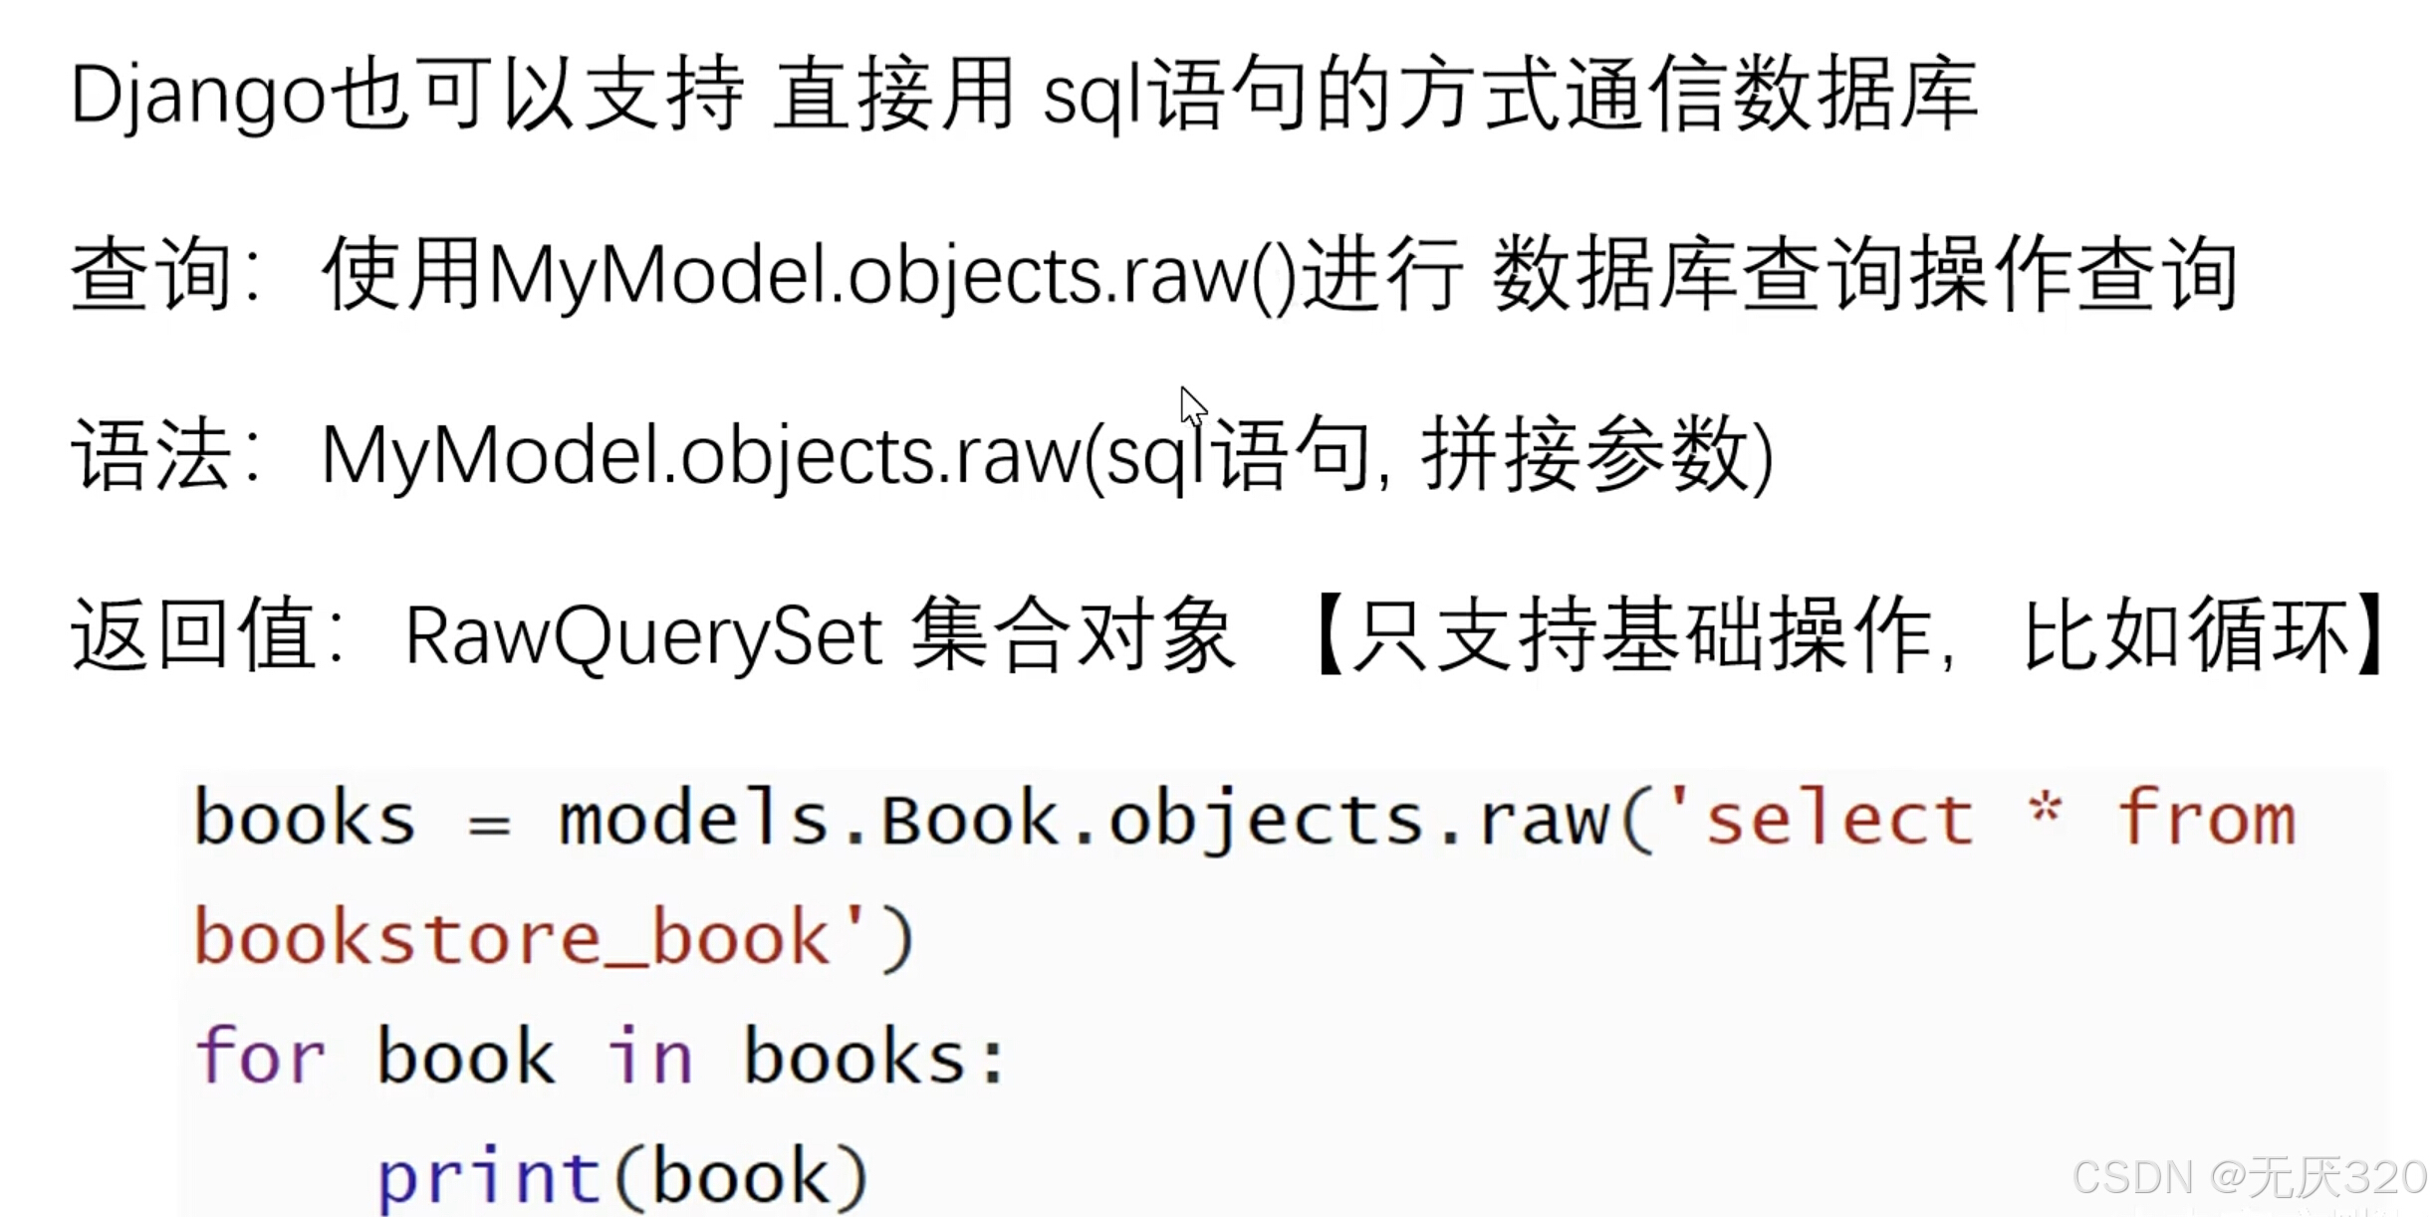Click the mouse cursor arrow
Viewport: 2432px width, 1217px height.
[x=1192, y=405]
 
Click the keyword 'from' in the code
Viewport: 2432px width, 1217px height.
[x=2205, y=820]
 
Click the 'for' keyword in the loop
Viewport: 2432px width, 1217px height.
[x=260, y=1057]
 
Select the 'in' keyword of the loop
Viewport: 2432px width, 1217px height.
[x=649, y=1057]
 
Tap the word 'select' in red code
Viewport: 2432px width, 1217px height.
[x=1838, y=820]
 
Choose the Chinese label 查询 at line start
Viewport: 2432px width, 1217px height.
[x=151, y=274]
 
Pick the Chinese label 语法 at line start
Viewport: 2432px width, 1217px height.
[x=151, y=455]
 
